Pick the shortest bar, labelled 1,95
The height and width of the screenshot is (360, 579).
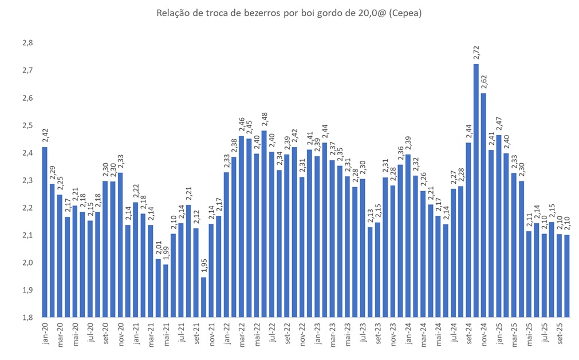(203, 297)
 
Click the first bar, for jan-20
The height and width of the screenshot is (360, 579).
(45, 232)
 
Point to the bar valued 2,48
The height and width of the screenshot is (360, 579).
(264, 224)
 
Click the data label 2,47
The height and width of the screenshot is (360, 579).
(498, 125)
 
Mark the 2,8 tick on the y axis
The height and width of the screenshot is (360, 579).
(27, 43)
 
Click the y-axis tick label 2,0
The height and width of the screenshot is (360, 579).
(27, 263)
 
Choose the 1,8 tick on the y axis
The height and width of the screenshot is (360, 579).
(27, 318)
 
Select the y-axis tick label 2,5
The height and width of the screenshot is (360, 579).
(27, 125)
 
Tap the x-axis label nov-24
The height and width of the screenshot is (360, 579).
(483, 333)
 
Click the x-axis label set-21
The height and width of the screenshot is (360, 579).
(196, 333)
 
